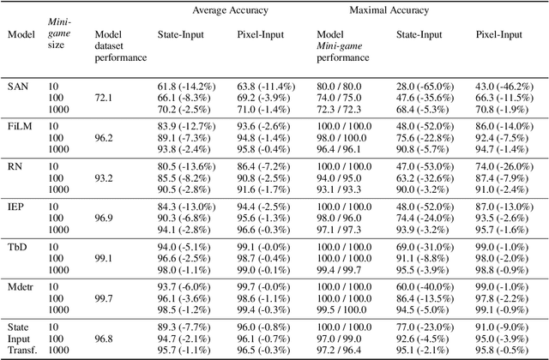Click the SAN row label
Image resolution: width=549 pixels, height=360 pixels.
(x=17, y=87)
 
